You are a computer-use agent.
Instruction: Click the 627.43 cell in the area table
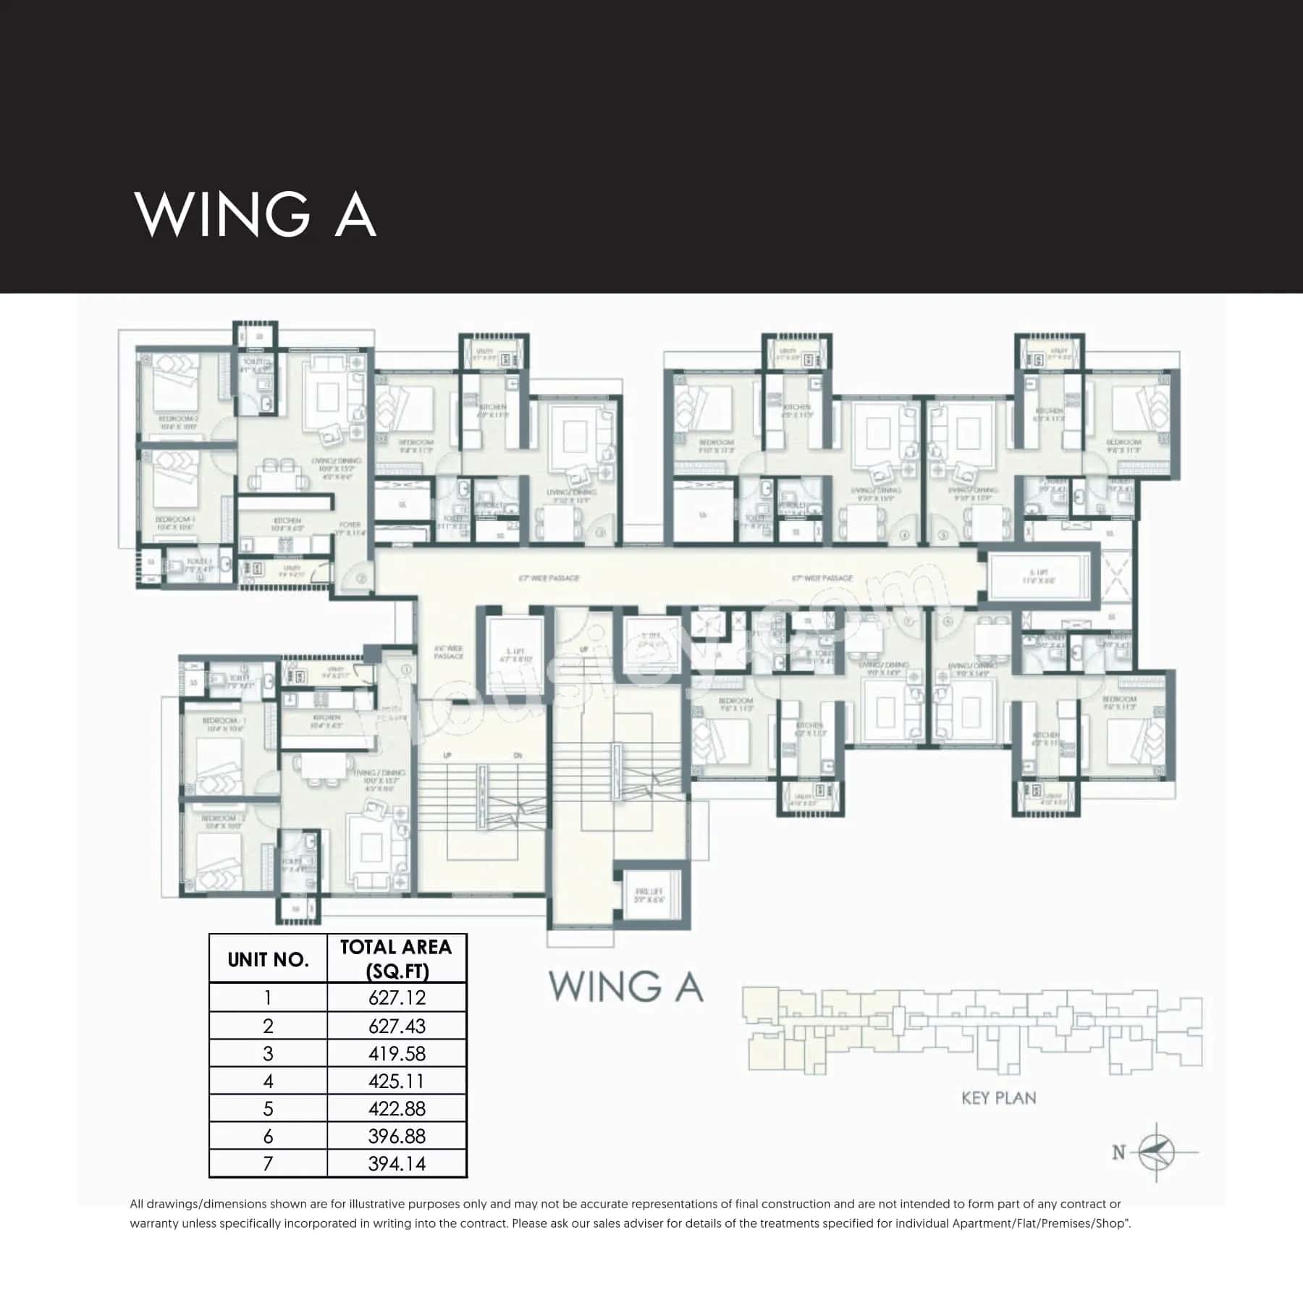click(397, 1026)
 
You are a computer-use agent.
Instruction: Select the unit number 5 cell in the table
click(268, 1108)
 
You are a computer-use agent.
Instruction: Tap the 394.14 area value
click(397, 1163)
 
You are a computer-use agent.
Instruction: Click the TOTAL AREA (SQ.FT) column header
click(396, 958)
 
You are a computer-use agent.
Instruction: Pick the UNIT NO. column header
click(268, 960)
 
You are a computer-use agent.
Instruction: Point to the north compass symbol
click(1156, 1151)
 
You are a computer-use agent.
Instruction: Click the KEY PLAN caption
click(998, 1098)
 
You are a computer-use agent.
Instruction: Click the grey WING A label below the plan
click(625, 986)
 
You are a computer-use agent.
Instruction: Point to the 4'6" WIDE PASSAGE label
click(448, 652)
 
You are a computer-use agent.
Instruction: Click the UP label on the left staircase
click(447, 756)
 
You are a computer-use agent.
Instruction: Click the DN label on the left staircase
click(518, 756)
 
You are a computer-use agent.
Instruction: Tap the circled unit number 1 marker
click(407, 670)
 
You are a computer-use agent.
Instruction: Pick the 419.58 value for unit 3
click(397, 1053)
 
